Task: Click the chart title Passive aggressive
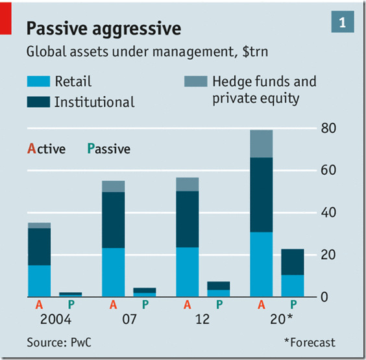click(x=103, y=29)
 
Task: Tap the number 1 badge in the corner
click(x=342, y=22)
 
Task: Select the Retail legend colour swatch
click(x=38, y=82)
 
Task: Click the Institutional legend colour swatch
click(x=38, y=102)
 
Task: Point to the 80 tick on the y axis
click(x=329, y=129)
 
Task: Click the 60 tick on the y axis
click(x=329, y=171)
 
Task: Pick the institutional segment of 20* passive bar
click(x=293, y=262)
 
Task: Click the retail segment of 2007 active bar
click(x=113, y=272)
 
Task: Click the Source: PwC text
click(x=59, y=342)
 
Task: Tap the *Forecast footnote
click(x=310, y=342)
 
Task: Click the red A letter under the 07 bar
click(x=114, y=304)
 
